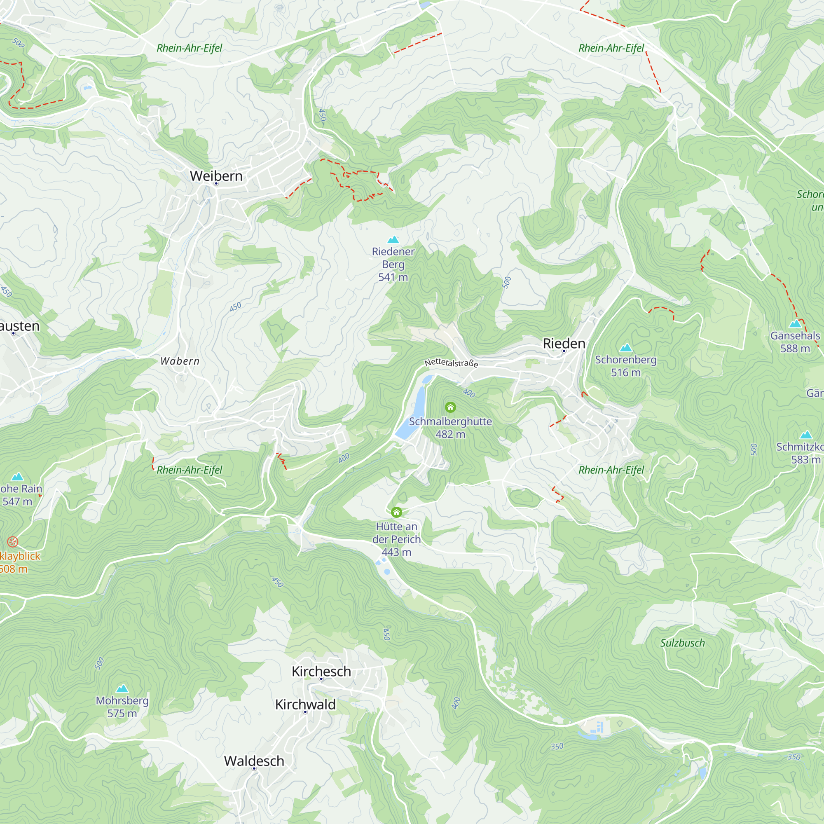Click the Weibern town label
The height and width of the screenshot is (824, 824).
(x=216, y=176)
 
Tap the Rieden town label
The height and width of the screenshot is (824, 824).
(x=564, y=343)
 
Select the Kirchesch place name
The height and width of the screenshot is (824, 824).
(x=321, y=671)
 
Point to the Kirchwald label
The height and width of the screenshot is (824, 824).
(x=305, y=705)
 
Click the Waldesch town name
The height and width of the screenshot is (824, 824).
(x=254, y=761)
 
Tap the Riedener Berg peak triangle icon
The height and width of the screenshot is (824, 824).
(x=393, y=240)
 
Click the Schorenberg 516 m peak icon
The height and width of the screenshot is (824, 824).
(x=626, y=348)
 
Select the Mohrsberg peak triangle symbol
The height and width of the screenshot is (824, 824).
(x=122, y=688)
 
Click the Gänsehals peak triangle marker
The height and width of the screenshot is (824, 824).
(x=795, y=324)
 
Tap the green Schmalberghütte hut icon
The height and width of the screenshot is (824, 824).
(x=450, y=407)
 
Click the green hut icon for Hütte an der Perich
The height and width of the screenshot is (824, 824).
(x=397, y=512)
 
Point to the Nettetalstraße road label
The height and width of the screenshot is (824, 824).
(x=451, y=363)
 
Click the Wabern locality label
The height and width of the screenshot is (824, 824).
(x=180, y=361)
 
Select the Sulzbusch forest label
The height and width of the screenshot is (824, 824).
(x=682, y=643)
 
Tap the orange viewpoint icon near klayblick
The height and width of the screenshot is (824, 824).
(x=13, y=542)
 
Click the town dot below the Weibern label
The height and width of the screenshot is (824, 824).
(x=216, y=184)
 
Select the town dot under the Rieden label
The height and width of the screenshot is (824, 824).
(x=564, y=351)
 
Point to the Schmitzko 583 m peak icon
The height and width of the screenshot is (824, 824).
(x=805, y=435)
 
